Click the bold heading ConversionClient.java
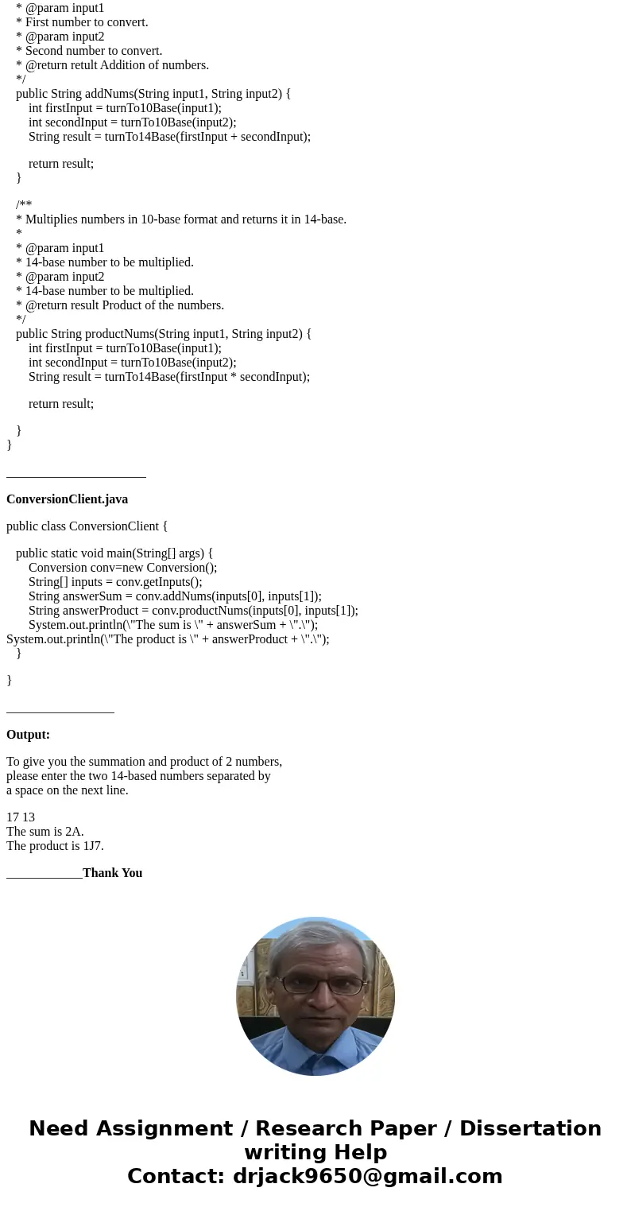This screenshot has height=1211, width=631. tap(67, 499)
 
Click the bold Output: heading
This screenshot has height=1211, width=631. tap(28, 735)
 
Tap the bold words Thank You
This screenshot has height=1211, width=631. tap(112, 873)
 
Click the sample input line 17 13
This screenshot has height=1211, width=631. tap(21, 817)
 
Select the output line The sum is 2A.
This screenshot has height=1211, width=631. tap(45, 832)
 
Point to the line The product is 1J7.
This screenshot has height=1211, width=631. tap(55, 846)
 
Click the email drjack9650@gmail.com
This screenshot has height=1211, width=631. tap(367, 1176)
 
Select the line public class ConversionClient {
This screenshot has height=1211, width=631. tap(87, 526)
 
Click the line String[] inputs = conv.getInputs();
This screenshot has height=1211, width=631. tap(115, 582)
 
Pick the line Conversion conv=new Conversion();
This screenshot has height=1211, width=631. tap(122, 568)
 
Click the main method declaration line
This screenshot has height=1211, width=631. tap(114, 553)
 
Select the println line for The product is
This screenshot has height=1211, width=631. tap(168, 639)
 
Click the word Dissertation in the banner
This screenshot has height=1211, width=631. tap(530, 1129)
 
